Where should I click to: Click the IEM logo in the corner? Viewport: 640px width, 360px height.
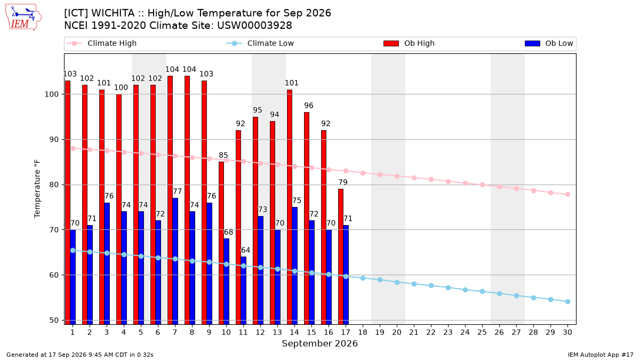23,18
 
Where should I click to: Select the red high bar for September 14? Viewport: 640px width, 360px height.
290,207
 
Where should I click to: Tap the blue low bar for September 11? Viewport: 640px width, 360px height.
243,290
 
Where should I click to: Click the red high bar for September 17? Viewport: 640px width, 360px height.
341,257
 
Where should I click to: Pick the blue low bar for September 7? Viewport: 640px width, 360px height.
175,261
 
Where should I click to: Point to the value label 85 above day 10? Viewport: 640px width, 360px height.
223,155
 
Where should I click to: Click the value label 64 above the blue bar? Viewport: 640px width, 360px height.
246,250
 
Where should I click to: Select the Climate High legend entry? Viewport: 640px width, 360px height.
101,43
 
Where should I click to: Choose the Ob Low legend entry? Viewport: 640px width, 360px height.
549,43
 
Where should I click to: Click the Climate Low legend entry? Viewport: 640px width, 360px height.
260,43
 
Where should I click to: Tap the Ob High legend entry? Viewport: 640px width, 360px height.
409,43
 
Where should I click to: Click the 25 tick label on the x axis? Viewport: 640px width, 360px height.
482,332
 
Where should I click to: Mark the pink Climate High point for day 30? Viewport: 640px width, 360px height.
567,194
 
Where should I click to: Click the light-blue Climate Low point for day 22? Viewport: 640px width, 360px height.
431,285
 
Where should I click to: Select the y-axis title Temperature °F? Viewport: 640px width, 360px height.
37,189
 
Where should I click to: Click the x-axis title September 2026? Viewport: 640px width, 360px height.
319,343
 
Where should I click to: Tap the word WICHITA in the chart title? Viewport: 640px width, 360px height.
113,13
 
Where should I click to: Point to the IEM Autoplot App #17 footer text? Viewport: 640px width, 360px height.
601,355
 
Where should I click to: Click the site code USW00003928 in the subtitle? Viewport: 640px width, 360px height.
254,26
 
